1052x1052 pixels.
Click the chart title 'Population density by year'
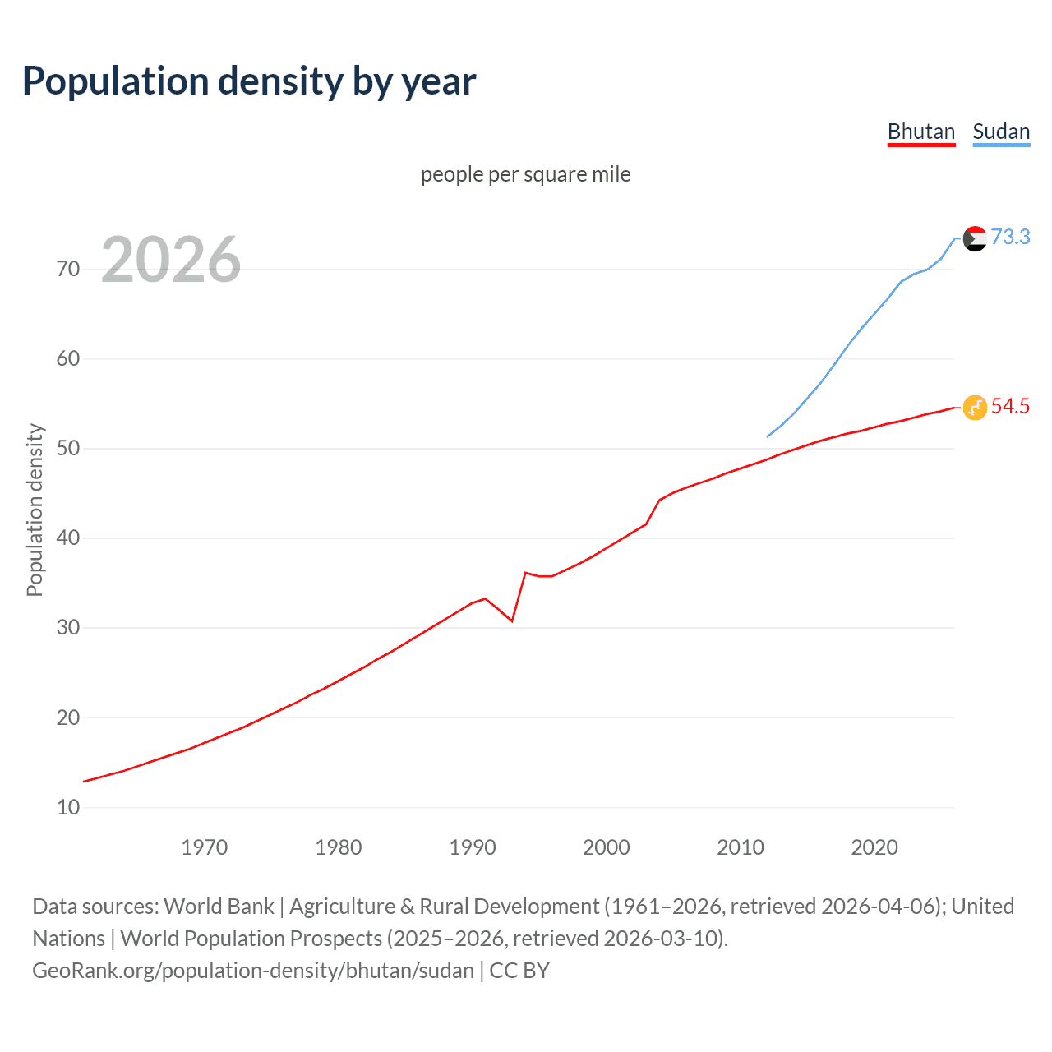(x=249, y=81)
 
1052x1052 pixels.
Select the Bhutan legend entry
(x=920, y=132)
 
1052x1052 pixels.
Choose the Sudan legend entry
(x=1000, y=132)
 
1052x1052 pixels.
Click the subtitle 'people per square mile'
(x=525, y=175)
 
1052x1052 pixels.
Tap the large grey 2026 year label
(x=171, y=260)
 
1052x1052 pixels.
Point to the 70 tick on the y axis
(x=68, y=270)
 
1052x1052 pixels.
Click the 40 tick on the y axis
(x=68, y=538)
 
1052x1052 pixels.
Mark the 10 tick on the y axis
(x=68, y=807)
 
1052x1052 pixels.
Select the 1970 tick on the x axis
(x=204, y=847)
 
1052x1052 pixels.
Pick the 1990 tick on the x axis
(x=472, y=847)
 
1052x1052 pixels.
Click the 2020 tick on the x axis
(x=874, y=847)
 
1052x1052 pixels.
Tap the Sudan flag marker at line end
(x=974, y=238)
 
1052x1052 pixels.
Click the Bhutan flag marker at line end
(x=974, y=407)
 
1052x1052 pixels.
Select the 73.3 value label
(x=1010, y=238)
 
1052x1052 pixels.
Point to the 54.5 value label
(x=1010, y=407)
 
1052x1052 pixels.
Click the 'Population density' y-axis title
(x=35, y=510)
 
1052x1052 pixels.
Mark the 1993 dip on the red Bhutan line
(x=512, y=621)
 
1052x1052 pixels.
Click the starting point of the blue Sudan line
(x=768, y=436)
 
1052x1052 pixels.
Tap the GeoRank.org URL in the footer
(x=253, y=971)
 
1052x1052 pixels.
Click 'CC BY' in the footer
(x=519, y=971)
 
